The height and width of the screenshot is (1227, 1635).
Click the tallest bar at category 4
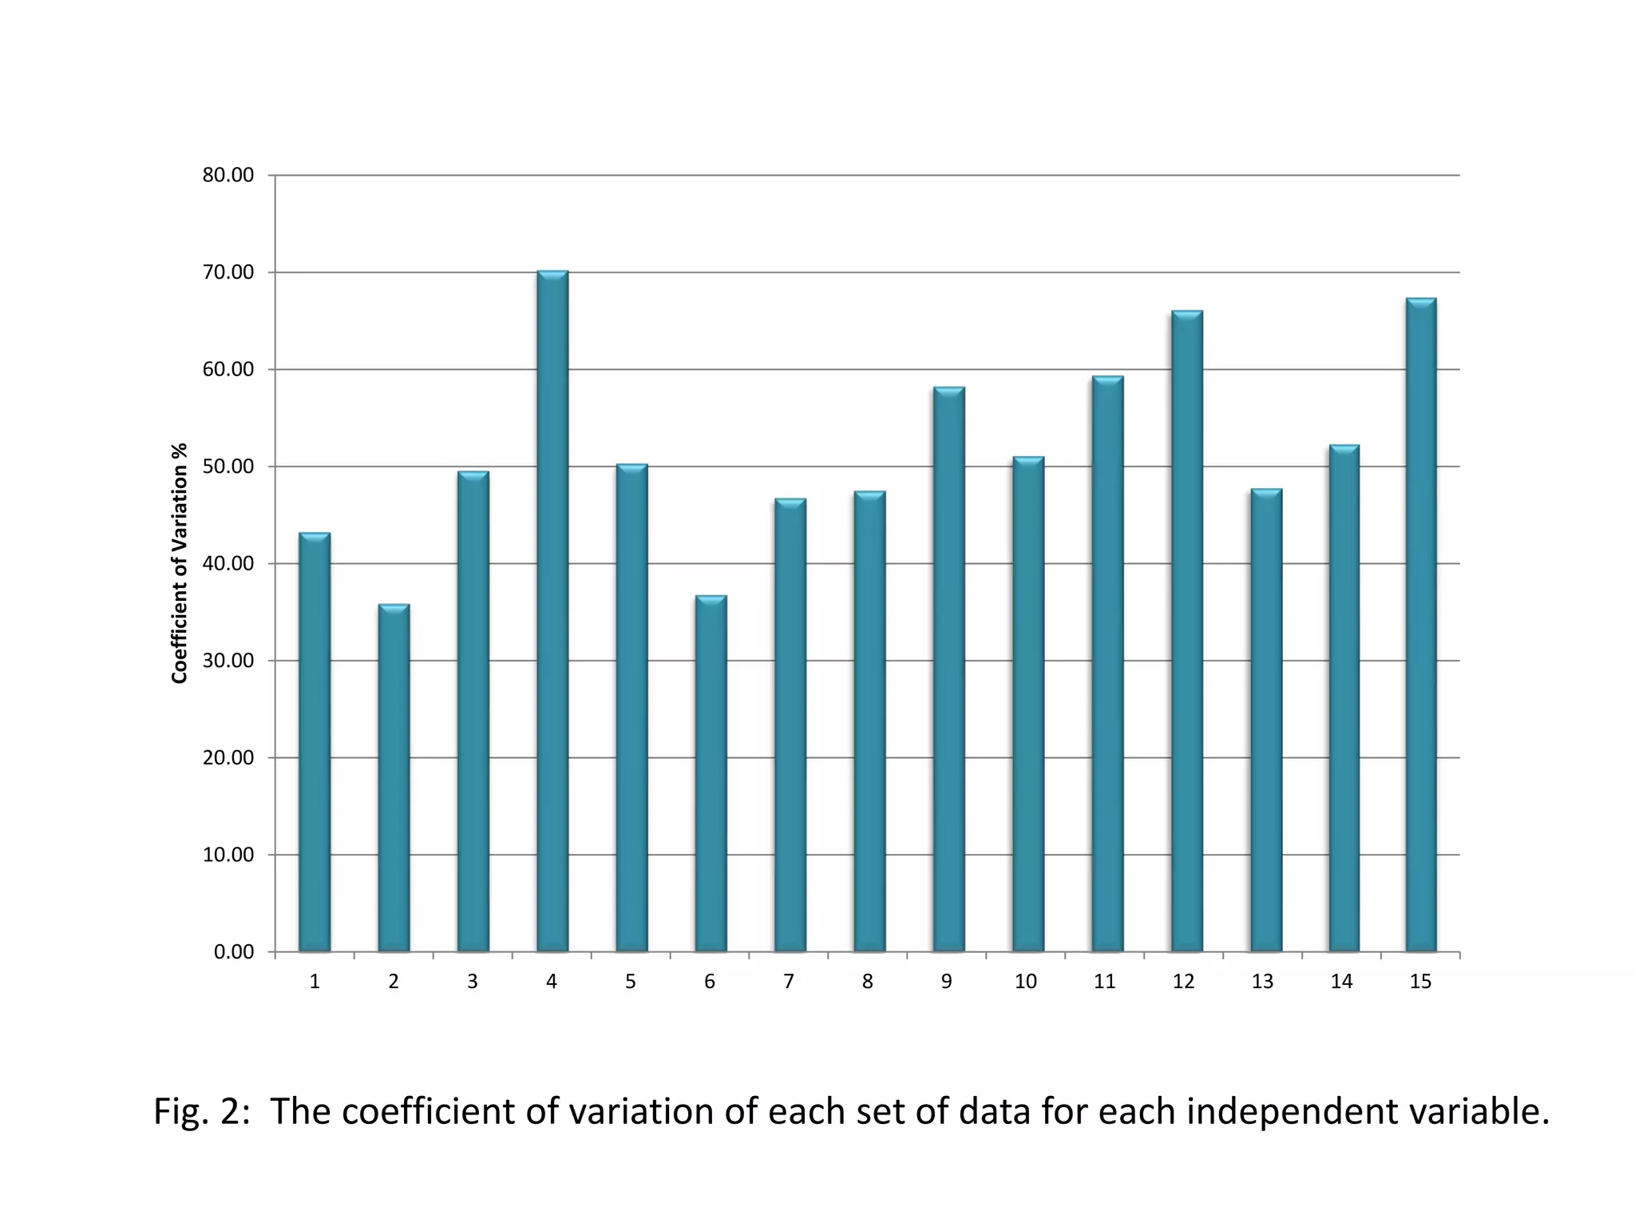click(x=552, y=611)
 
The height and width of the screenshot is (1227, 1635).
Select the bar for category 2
click(x=394, y=779)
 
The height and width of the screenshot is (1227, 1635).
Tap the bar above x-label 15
click(x=1421, y=625)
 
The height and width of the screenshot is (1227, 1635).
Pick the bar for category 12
click(x=1186, y=631)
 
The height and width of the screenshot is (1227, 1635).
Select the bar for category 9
click(x=948, y=669)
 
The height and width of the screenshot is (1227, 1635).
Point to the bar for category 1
click(x=315, y=743)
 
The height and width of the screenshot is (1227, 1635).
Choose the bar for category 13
click(x=1266, y=721)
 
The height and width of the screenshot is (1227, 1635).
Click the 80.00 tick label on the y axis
click(x=228, y=175)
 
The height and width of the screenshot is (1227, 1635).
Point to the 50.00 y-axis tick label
click(x=228, y=467)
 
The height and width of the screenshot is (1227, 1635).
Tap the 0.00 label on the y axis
click(x=233, y=952)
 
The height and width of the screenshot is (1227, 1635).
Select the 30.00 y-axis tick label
click(x=228, y=661)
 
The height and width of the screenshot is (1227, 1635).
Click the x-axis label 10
click(x=1025, y=982)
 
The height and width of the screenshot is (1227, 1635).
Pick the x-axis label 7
click(x=789, y=982)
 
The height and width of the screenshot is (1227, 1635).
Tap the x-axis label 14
click(x=1341, y=982)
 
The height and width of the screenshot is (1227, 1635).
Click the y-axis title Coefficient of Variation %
click(x=180, y=563)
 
